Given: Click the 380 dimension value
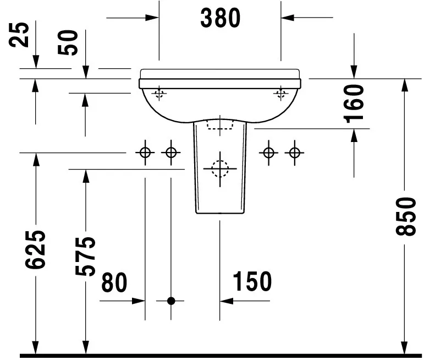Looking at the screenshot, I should point(221,18).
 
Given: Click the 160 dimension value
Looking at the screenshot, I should point(354,103).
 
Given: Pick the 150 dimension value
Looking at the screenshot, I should point(252,282).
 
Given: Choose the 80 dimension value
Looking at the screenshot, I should point(114,282).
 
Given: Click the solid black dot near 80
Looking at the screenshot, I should point(171,301).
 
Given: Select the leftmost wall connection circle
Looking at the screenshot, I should point(145,152).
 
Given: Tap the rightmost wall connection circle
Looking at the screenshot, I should point(295,152).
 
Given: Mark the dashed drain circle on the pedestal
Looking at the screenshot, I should point(219,167).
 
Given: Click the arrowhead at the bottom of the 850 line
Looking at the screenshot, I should point(405,347).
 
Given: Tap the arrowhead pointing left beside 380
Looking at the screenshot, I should point(287,18).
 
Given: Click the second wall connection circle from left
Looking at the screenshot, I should point(171,152).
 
